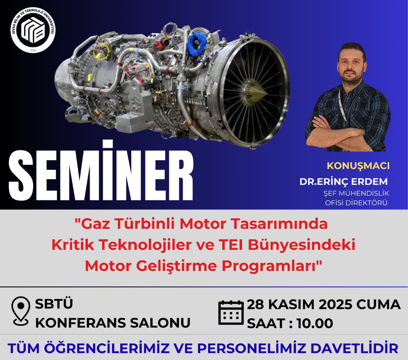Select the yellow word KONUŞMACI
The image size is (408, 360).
click(358, 166)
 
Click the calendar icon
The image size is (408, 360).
click(231, 312)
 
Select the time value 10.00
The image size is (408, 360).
click(315, 324)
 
